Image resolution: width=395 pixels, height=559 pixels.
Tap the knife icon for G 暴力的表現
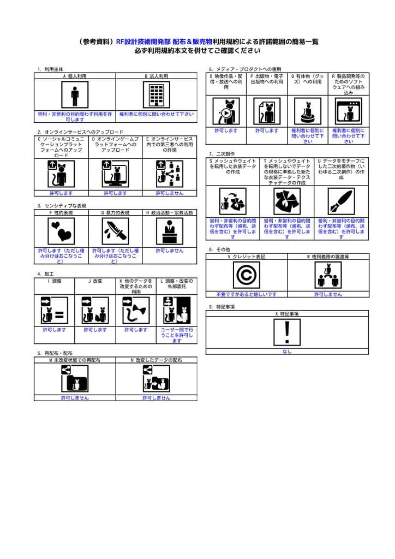tap(115, 231)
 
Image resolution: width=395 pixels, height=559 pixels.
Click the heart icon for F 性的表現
tap(61, 231)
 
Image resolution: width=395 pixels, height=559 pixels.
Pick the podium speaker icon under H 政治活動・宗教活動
tap(169, 231)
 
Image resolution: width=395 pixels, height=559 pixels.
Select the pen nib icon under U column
tap(341, 201)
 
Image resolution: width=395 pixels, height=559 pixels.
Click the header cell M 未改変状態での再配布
tap(75, 360)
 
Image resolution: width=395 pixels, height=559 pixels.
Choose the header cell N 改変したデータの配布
tap(156, 360)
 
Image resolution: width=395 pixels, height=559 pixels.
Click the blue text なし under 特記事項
tap(287, 352)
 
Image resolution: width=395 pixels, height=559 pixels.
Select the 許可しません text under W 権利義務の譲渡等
tap(328, 294)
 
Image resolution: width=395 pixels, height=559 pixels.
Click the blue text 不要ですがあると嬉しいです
tap(246, 294)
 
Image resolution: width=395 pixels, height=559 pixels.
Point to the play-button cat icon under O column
tap(226, 111)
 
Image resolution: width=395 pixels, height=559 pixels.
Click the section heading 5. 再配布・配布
tap(55, 353)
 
